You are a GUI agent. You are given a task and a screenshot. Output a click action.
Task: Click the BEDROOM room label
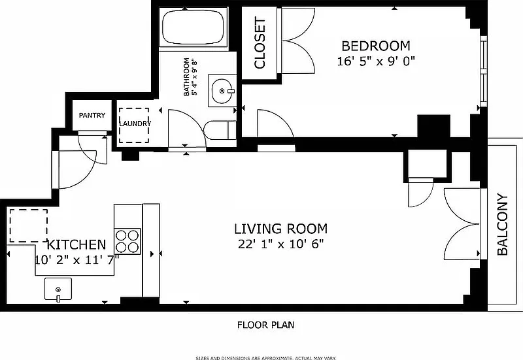pos(376,46)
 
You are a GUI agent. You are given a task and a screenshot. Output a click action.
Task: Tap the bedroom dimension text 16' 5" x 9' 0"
pos(376,61)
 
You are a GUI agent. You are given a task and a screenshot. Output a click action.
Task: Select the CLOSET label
pos(260,43)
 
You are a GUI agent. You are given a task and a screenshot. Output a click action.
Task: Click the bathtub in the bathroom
pos(193,27)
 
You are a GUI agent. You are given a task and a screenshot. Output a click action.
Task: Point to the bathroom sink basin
pos(222,91)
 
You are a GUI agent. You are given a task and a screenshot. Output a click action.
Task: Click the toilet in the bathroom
pos(220,130)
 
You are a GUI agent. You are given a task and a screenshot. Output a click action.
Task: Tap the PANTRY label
pos(92,116)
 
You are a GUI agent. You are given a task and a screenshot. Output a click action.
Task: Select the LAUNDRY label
pos(135,123)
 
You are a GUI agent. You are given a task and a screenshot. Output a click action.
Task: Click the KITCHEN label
pos(76,244)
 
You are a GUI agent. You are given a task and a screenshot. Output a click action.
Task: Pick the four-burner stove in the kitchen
pos(127,241)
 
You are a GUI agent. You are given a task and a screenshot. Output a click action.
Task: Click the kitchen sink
pos(58,289)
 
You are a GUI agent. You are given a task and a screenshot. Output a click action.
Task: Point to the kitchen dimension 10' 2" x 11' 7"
pos(76,260)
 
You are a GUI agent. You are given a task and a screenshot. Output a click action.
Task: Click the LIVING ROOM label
pos(281,229)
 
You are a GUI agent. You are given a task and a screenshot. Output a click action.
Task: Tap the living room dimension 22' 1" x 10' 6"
pos(281,244)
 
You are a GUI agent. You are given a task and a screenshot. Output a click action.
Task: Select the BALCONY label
pos(502,224)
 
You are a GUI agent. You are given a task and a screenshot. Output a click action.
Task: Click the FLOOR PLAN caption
pos(266,325)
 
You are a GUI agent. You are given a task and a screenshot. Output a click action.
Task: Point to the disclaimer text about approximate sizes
pos(265,358)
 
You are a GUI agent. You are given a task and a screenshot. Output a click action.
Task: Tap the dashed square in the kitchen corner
pos(28,225)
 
